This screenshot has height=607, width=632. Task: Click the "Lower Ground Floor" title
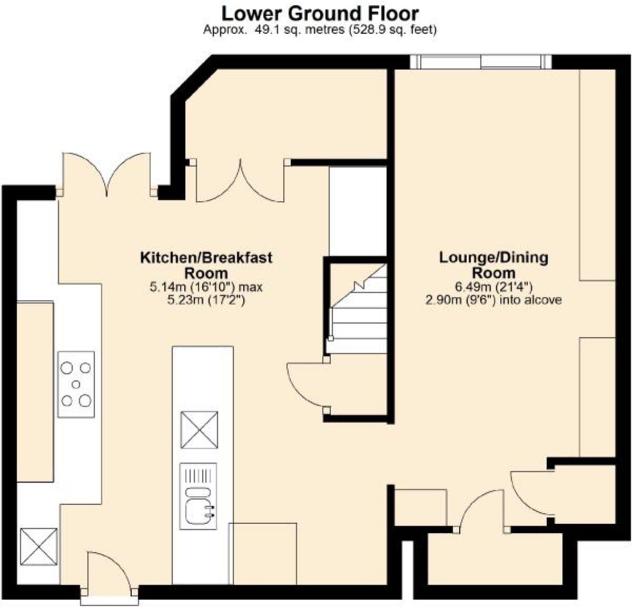pos(320,14)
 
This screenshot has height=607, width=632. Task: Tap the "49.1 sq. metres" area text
pos(300,30)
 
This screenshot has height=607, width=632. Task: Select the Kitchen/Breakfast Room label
pos(206,265)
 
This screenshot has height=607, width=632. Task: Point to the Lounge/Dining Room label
pos(493,265)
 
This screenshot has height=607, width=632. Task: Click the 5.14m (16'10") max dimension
pos(206,287)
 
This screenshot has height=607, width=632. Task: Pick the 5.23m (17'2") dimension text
pos(206,300)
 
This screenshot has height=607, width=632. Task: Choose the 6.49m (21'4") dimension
pos(493,287)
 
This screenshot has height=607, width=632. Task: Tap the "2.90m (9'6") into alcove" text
pos(493,300)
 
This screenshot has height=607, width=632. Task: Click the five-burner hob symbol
pos(76,385)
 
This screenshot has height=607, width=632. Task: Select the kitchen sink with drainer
pos(198,496)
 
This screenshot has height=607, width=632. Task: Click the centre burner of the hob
pos(76,385)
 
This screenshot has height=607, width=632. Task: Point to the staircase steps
pos(358,309)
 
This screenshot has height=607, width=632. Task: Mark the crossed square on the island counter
pos(199,429)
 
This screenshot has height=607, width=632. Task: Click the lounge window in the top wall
pos(481,62)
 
